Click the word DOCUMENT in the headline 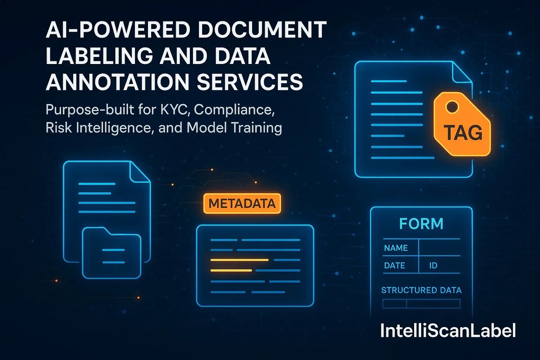tap(263, 30)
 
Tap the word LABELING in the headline tap(99, 56)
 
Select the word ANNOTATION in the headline tap(118, 81)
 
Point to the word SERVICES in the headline tap(250, 81)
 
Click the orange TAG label tap(463, 132)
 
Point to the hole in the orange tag tap(452, 106)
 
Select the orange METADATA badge tap(242, 203)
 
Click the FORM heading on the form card tap(422, 224)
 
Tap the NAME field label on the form tap(396, 248)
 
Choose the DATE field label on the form tap(395, 266)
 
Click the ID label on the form tap(433, 266)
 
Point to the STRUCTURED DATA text tap(422, 290)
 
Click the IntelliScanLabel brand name tap(448, 330)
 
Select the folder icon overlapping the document tap(111, 253)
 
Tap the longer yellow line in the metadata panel tap(240, 260)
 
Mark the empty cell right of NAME tap(439, 247)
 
